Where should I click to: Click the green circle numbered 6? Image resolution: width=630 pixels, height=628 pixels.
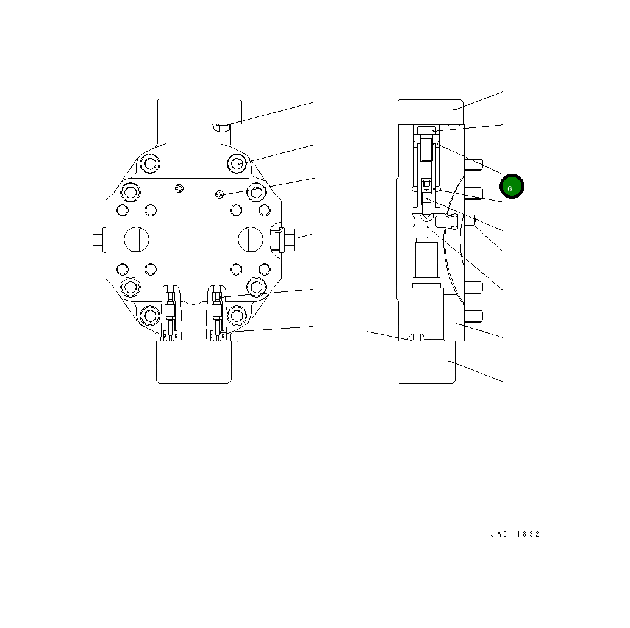(x=512, y=187)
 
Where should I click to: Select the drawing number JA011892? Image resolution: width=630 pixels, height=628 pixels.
(x=515, y=534)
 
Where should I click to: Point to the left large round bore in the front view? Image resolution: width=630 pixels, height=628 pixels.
(x=136, y=238)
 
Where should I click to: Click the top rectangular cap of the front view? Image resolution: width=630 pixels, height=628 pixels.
(x=199, y=111)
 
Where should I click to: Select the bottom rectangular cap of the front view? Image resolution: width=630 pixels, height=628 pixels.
(x=194, y=362)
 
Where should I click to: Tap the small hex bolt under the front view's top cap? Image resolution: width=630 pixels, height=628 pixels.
(x=221, y=127)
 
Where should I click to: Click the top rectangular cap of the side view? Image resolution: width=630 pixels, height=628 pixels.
(x=430, y=112)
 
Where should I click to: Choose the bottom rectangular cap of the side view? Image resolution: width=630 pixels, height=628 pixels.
(x=426, y=362)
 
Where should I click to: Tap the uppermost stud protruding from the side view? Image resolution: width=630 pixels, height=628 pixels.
(x=473, y=163)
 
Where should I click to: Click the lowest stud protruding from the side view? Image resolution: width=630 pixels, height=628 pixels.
(x=473, y=315)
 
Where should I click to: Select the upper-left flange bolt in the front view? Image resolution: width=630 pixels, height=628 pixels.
(x=149, y=163)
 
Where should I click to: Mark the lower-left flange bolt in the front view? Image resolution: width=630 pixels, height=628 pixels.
(x=149, y=315)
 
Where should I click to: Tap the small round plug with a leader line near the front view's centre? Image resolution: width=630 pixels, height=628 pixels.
(x=220, y=194)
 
